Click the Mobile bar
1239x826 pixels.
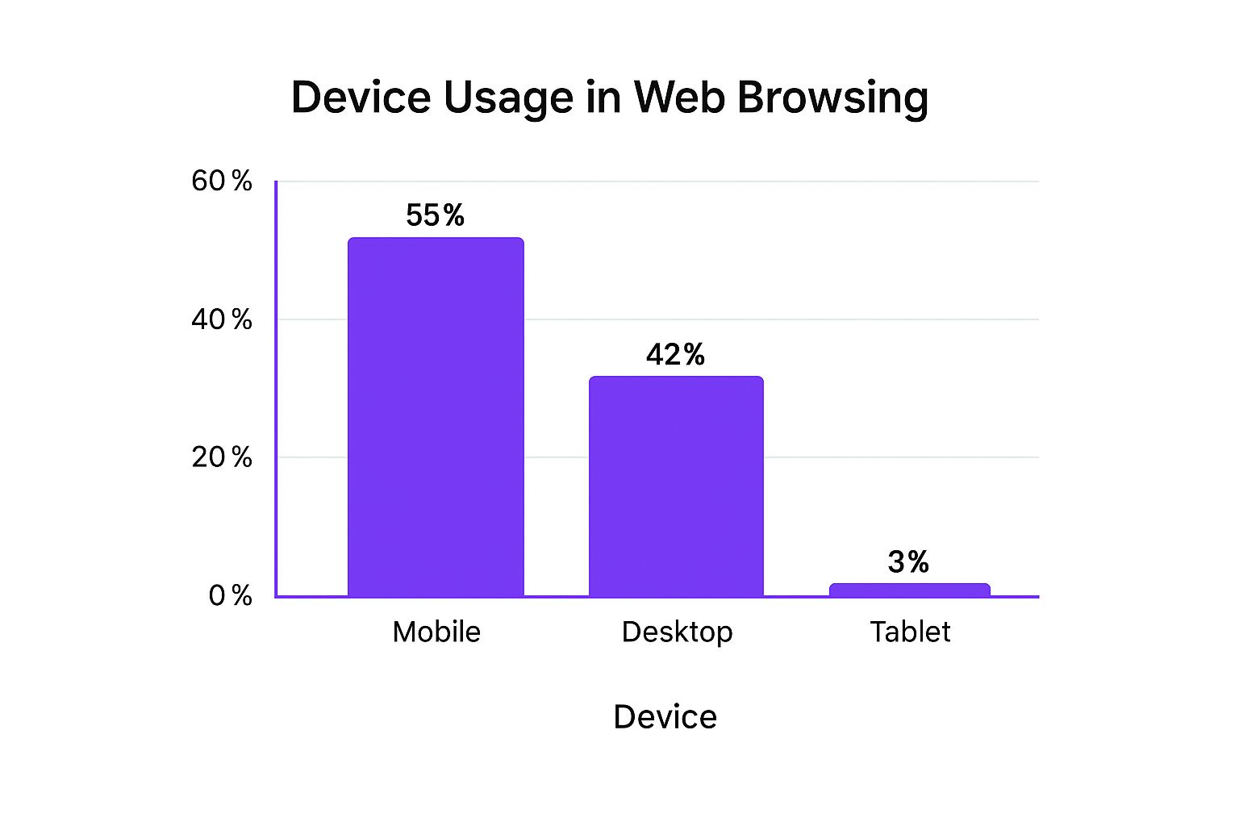point(436,417)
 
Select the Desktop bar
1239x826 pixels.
point(676,486)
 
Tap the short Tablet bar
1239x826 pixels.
point(909,590)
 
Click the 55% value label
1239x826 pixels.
point(435,215)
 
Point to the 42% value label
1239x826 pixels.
point(675,354)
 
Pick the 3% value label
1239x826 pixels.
point(908,561)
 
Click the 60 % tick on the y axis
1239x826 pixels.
point(221,181)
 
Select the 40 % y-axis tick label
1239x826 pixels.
point(221,319)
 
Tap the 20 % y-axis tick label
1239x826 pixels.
point(221,457)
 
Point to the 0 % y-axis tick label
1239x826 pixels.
point(230,595)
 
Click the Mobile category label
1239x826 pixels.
point(436,632)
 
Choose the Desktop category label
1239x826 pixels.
point(677,632)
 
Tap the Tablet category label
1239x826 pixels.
point(910,632)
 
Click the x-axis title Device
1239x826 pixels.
point(665,716)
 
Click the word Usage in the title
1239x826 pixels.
point(507,98)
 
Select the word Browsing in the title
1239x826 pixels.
point(832,98)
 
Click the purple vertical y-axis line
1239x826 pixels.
point(276,387)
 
